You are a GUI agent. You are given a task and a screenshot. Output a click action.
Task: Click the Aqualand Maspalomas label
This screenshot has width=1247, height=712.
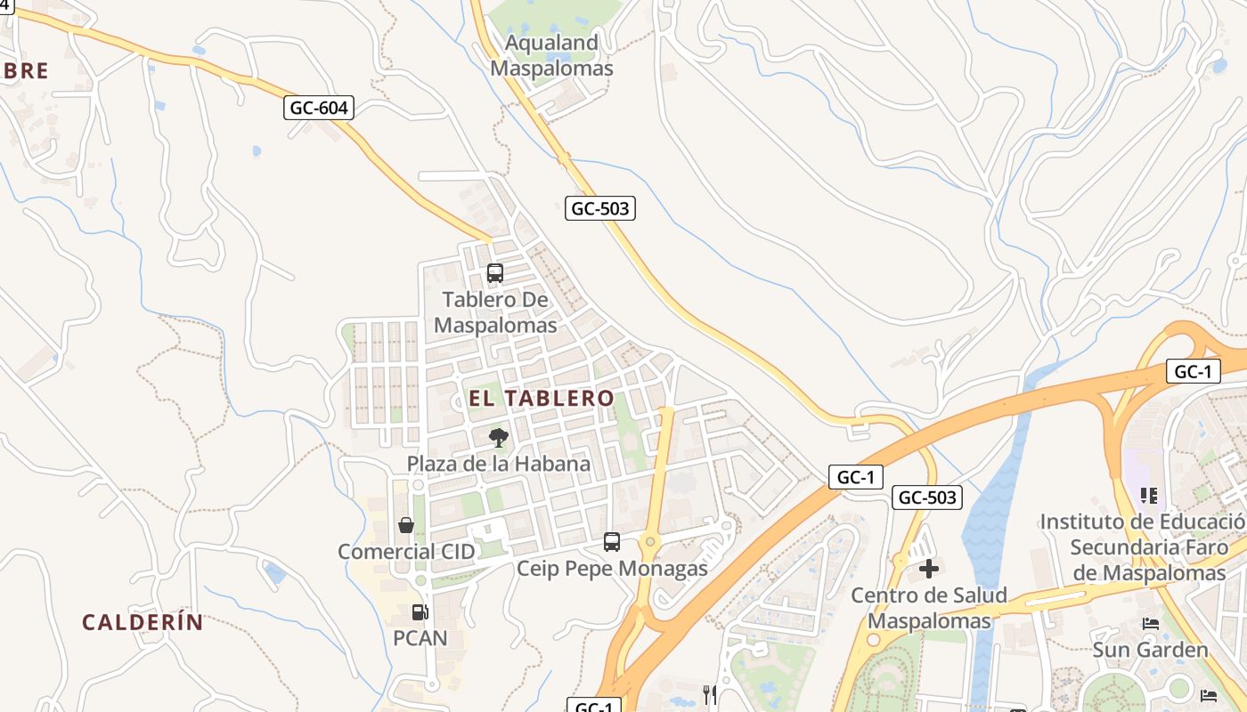pyautogui.click(x=551, y=55)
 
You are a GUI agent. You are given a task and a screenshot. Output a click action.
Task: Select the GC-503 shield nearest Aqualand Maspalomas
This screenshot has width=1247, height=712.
pyautogui.click(x=600, y=209)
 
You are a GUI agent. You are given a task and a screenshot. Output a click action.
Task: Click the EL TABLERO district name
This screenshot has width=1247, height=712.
pyautogui.click(x=542, y=398)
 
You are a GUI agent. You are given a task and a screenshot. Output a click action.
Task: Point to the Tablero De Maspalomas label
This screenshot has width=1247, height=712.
pyautogui.click(x=495, y=312)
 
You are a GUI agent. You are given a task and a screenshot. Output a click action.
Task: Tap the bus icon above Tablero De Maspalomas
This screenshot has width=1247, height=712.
pyautogui.click(x=495, y=273)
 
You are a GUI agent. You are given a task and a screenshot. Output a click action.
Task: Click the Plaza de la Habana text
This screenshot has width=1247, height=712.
pyautogui.click(x=499, y=464)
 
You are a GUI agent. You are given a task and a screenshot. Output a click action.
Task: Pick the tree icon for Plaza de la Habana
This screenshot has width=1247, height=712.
pyautogui.click(x=499, y=437)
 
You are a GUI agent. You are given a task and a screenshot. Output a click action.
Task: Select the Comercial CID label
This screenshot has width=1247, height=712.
pyautogui.click(x=406, y=552)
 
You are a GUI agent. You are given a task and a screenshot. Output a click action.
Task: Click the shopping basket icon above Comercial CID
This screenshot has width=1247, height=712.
pyautogui.click(x=406, y=525)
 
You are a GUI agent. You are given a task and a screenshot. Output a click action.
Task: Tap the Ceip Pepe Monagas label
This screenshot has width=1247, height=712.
pyautogui.click(x=613, y=569)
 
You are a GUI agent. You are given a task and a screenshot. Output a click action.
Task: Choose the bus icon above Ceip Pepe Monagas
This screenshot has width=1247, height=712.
pyautogui.click(x=612, y=541)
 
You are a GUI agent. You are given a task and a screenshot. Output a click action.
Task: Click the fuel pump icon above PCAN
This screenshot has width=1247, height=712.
pyautogui.click(x=420, y=612)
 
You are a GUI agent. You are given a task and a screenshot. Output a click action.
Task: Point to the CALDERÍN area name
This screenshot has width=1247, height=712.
pyautogui.click(x=143, y=622)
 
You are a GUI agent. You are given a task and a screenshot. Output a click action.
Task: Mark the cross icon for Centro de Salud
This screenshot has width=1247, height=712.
pyautogui.click(x=929, y=569)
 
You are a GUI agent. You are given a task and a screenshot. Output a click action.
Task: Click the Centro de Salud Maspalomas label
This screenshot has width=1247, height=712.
pyautogui.click(x=929, y=608)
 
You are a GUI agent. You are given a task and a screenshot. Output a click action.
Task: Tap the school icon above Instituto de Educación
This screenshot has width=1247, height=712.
pyautogui.click(x=1149, y=495)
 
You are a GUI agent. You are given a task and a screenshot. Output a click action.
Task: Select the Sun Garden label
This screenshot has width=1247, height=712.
pyautogui.click(x=1150, y=650)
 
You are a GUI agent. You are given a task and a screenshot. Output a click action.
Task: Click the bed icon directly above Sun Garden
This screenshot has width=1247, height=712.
pyautogui.click(x=1150, y=624)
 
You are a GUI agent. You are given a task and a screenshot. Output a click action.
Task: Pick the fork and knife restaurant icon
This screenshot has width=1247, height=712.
pyautogui.click(x=710, y=694)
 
